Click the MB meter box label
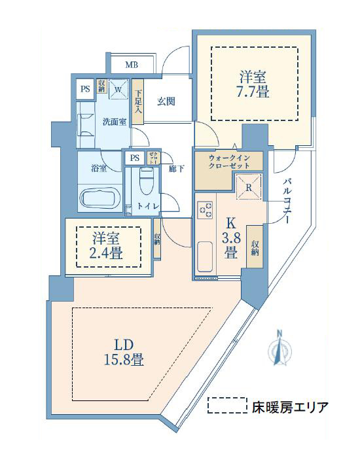(132, 64)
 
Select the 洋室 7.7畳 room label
(253, 84)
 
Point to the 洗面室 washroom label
(114, 122)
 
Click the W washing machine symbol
(118, 90)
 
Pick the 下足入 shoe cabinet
(138, 101)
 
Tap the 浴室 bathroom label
(98, 167)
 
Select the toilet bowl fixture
(147, 180)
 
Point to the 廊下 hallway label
(175, 168)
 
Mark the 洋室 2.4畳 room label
(108, 246)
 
